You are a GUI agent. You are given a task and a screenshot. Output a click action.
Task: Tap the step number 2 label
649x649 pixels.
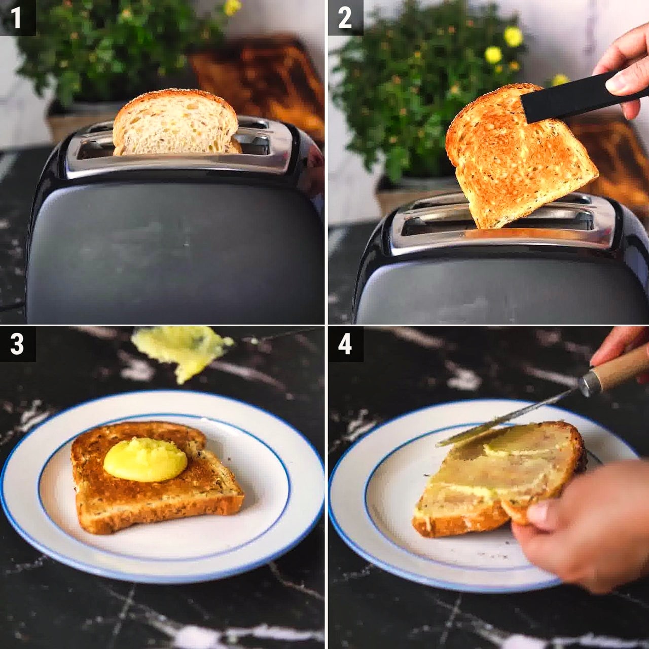[345, 18]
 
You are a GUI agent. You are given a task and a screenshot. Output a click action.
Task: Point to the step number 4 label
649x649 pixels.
[345, 344]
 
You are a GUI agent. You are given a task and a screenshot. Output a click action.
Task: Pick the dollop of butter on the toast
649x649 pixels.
[146, 460]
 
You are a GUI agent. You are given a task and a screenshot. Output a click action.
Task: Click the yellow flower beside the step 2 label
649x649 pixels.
[513, 36]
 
